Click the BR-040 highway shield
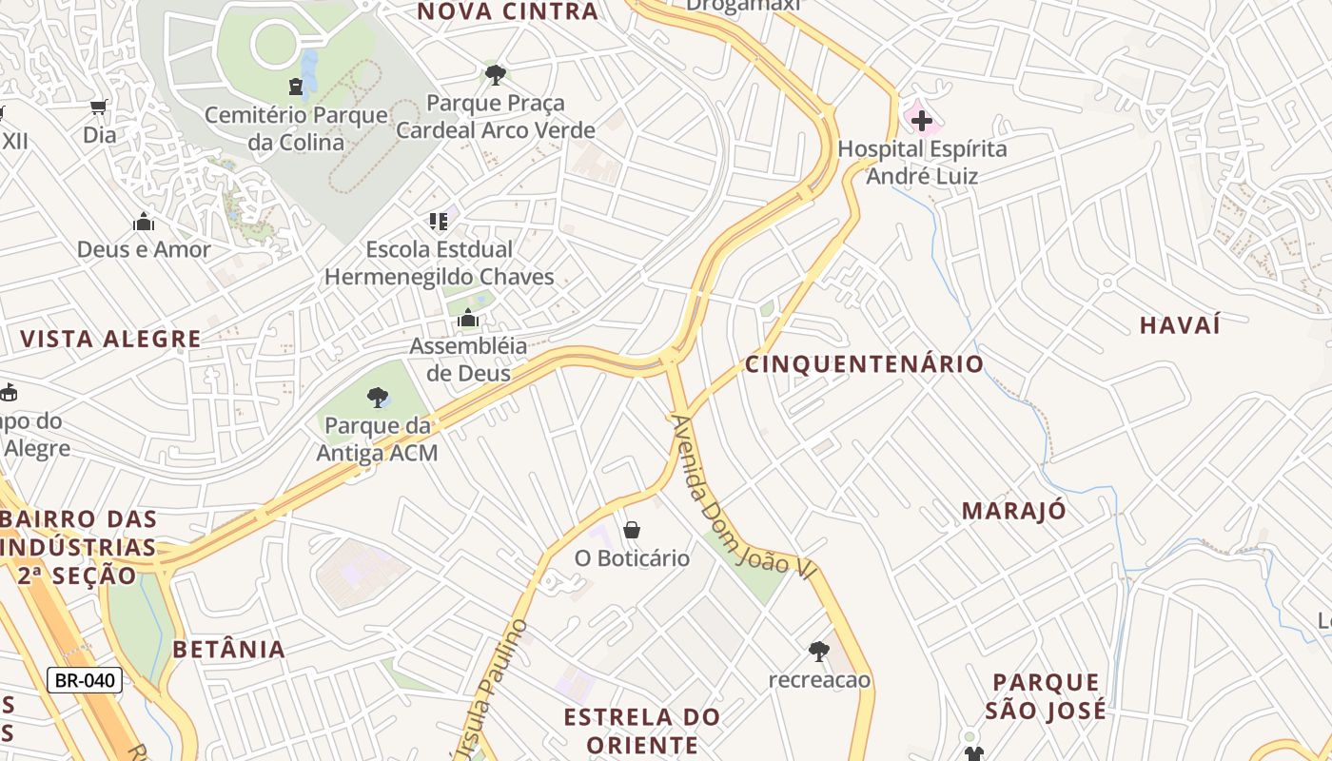pyautogui.click(x=85, y=680)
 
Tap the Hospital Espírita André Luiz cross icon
pyautogui.click(x=921, y=121)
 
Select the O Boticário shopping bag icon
pyautogui.click(x=632, y=530)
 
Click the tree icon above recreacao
pyautogui.click(x=818, y=652)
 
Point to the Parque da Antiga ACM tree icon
pyautogui.click(x=378, y=397)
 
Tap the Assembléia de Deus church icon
pyautogui.click(x=467, y=319)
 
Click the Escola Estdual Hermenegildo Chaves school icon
pyautogui.click(x=438, y=222)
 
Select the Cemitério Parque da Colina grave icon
pyautogui.click(x=297, y=87)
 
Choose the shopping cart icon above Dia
pyautogui.click(x=98, y=107)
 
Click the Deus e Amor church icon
pyautogui.click(x=144, y=222)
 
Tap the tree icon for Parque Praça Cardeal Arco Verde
pyautogui.click(x=495, y=74)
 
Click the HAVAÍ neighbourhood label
pyautogui.click(x=1180, y=325)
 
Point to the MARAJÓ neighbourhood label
pyautogui.click(x=1013, y=511)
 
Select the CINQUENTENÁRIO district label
pyautogui.click(x=864, y=364)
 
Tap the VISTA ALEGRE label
pyautogui.click(x=110, y=340)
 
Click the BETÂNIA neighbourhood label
pyautogui.click(x=228, y=650)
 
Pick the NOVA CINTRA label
pyautogui.click(x=508, y=12)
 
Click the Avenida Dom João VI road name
pyautogui.click(x=744, y=497)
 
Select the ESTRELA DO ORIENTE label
pyautogui.click(x=641, y=730)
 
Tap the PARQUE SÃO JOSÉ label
pyautogui.click(x=1046, y=696)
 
